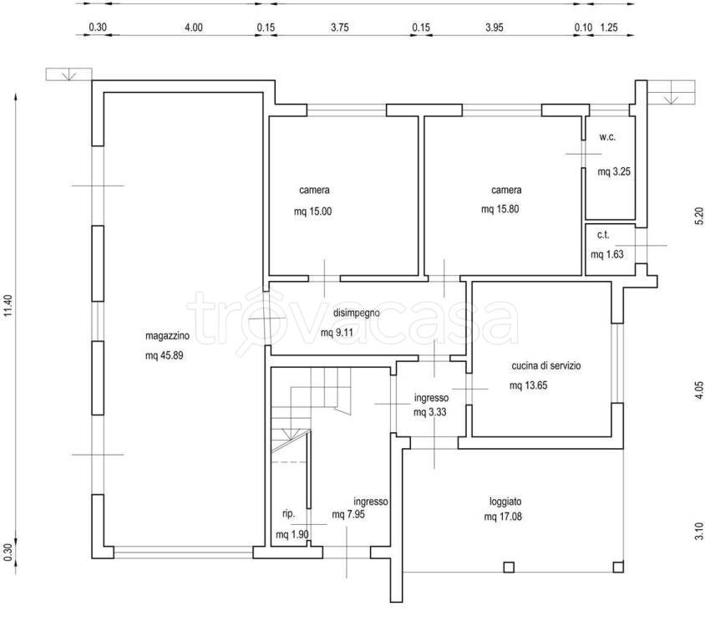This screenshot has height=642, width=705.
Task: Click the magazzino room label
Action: click(167, 336)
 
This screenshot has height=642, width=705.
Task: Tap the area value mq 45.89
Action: click(164, 355)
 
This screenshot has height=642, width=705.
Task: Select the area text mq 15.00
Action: click(313, 211)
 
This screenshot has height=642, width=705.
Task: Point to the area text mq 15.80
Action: click(500, 209)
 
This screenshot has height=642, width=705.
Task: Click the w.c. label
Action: click(607, 138)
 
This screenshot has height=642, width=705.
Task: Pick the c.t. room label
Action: click(603, 235)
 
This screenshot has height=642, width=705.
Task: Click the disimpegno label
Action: click(357, 313)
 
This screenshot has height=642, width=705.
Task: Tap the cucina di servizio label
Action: click(545, 366)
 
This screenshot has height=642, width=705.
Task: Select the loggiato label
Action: click(506, 502)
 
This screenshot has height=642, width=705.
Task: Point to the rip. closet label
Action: click(289, 514)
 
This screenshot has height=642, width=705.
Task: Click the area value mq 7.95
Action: click(348, 514)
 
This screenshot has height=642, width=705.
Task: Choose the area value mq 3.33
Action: click(430, 412)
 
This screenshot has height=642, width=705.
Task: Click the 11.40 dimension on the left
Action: click(8, 305)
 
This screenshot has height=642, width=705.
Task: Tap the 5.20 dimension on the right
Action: click(698, 216)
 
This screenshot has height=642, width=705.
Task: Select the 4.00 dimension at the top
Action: click(194, 28)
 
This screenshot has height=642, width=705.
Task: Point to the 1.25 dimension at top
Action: click(609, 28)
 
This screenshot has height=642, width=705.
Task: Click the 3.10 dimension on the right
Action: click(698, 531)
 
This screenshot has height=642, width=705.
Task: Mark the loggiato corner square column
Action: click(618, 567)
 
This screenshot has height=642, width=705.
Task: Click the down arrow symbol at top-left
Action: click(68, 74)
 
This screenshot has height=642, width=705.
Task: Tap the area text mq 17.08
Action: click(503, 517)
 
